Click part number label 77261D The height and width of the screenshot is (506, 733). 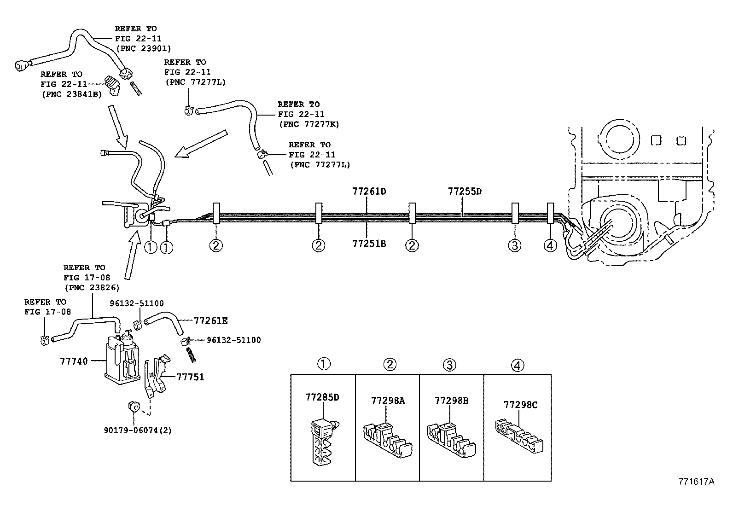tap(368, 191)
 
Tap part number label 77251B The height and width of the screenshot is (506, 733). tap(368, 244)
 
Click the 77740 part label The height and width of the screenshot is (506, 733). tap(74, 361)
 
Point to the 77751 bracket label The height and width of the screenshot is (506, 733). tap(190, 377)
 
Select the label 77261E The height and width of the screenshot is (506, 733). tap(210, 321)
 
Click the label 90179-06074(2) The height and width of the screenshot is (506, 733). tap(137, 430)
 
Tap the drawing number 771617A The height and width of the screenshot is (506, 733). tap(696, 482)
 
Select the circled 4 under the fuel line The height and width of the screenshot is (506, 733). tap(550, 245)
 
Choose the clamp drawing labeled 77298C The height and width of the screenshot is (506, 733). tap(518, 435)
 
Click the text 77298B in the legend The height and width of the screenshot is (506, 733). tap(451, 401)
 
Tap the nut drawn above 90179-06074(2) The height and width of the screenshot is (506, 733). tap(134, 407)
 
